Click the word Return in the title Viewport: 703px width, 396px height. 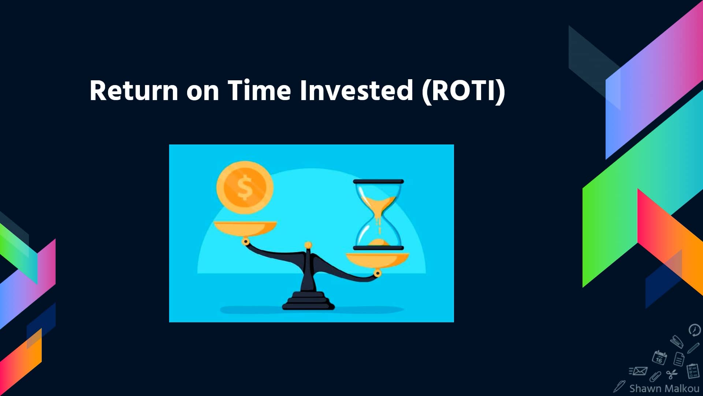tap(134, 91)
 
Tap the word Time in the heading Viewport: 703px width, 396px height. tap(259, 91)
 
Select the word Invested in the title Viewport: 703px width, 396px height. tap(356, 91)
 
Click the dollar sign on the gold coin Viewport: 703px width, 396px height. tap(245, 187)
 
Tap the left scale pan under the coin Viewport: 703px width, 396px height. tap(245, 227)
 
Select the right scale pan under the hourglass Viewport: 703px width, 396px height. tap(377, 260)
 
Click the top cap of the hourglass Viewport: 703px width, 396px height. tap(378, 181)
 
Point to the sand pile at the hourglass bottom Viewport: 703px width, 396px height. tap(378, 242)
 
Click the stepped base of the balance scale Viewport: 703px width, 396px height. tap(308, 301)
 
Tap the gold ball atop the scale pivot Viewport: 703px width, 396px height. tap(308, 245)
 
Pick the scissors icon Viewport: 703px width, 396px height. tap(672, 374)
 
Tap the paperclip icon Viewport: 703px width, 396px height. tap(655, 376)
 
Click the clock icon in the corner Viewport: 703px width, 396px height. tap(694, 330)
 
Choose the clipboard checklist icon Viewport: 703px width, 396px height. tap(692, 371)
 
